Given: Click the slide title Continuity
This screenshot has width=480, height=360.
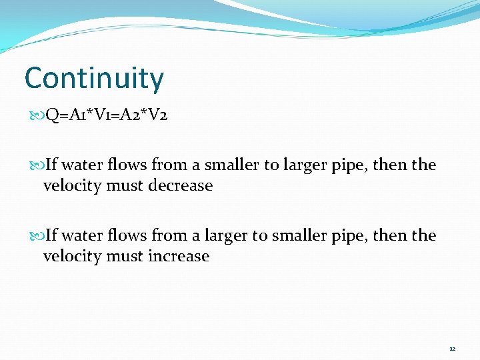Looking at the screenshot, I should coord(94,79).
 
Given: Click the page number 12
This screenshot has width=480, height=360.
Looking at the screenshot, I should coord(452,349).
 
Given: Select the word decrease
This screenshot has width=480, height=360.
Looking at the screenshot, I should coord(179,186).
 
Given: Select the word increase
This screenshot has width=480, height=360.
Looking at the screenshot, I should coord(178,257).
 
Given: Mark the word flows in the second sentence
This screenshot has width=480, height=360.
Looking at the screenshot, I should coord(128,236).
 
